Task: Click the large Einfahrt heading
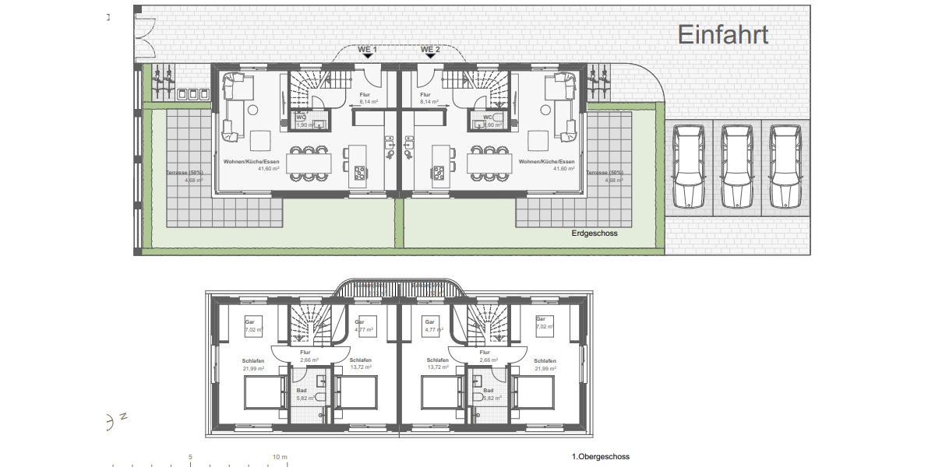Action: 723,34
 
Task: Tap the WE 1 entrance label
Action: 367,49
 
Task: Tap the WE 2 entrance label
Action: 431,49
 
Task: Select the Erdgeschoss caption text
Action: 595,233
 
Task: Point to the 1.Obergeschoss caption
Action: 601,457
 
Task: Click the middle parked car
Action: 737,167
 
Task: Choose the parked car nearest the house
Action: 690,167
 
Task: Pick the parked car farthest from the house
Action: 785,167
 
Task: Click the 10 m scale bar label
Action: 279,457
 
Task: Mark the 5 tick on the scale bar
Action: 191,457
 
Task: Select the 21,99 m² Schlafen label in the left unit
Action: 253,364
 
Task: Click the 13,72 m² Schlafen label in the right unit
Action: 437,364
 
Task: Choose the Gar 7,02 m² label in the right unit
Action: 540,324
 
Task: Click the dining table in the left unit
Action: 308,163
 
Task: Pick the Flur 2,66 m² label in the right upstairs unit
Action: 489,356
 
